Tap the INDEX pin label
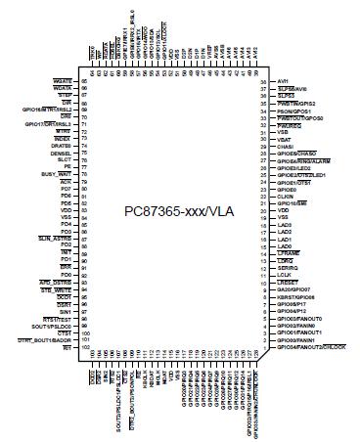(67, 139)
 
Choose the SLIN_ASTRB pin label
(60, 234)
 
